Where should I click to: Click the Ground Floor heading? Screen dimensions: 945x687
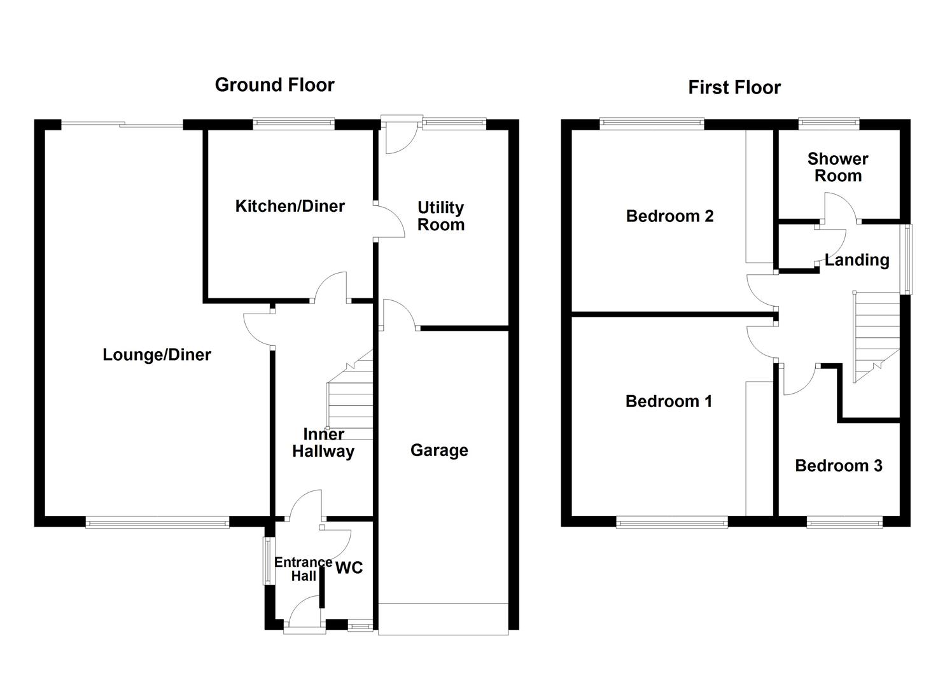click(275, 85)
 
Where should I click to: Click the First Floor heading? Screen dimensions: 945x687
click(734, 88)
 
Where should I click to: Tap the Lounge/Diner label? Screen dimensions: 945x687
click(157, 355)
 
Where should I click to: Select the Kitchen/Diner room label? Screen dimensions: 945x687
click(290, 206)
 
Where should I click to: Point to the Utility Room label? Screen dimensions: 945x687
click(441, 216)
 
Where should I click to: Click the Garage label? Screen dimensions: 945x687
click(439, 450)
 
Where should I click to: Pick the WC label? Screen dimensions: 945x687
click(349, 567)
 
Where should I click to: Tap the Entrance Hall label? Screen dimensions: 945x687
click(304, 569)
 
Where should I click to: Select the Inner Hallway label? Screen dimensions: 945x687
click(323, 443)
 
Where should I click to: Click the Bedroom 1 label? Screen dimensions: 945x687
click(669, 401)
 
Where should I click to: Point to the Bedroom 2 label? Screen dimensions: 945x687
click(670, 216)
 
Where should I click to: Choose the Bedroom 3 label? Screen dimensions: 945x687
click(839, 466)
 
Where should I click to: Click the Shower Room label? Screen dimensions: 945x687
click(838, 167)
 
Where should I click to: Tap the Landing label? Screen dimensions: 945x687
click(857, 260)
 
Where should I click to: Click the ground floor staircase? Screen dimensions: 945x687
click(350, 394)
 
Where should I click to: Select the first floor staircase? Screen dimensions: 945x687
click(876, 337)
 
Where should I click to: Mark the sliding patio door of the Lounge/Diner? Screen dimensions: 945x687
click(122, 125)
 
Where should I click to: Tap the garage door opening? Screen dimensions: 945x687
click(443, 619)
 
